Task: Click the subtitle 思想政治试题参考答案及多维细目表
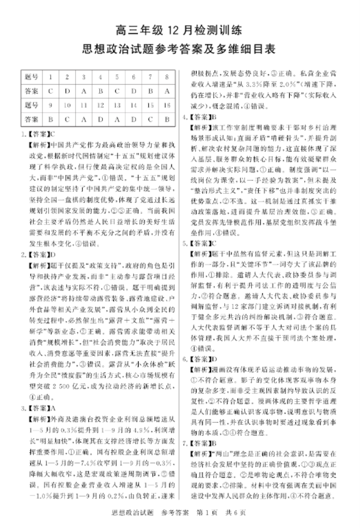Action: pos(179,49)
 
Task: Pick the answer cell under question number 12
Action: pos(101,119)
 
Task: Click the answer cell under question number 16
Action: pos(166,119)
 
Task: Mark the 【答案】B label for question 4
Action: pos(202,118)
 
